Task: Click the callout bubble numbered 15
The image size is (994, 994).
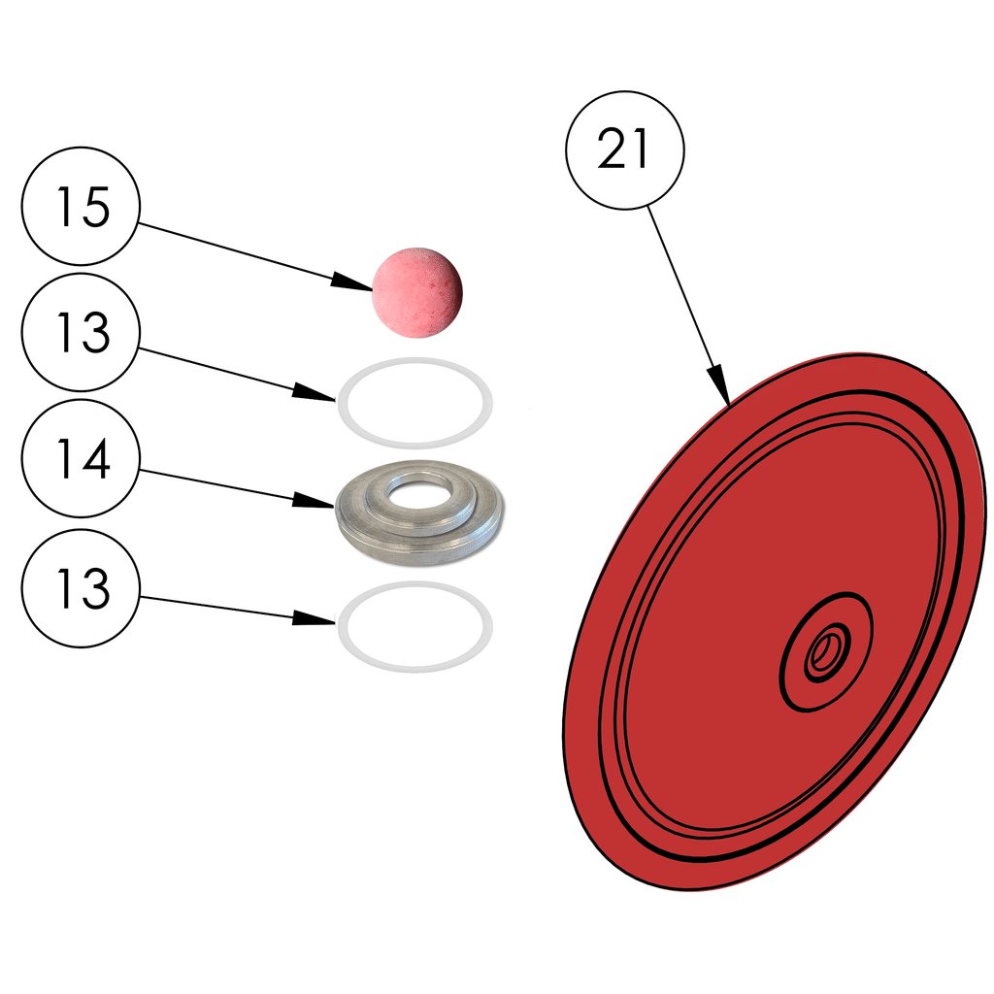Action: [x=82, y=207]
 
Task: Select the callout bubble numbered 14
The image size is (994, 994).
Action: [x=82, y=460]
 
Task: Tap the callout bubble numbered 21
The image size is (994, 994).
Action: [x=625, y=150]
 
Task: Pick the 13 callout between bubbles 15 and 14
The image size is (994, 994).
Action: [x=82, y=333]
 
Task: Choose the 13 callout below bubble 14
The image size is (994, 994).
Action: [x=82, y=588]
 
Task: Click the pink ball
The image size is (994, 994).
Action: [x=417, y=292]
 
